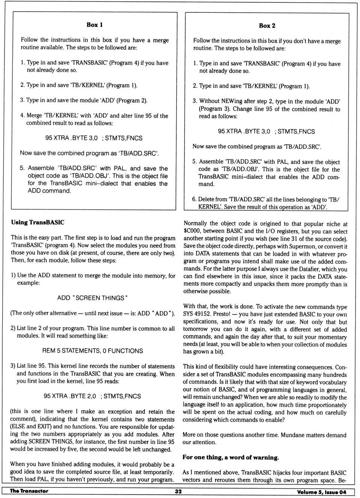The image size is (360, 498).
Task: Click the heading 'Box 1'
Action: tap(94, 25)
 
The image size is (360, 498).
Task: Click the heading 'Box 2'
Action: tap(267, 25)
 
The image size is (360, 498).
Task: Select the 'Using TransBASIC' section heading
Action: tap(37, 222)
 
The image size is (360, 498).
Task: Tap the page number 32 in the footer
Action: tap(178, 491)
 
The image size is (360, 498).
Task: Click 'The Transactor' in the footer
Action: tap(29, 491)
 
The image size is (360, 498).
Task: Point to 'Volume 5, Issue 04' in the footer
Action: tap(321, 492)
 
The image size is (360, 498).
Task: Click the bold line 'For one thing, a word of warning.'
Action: tap(231, 457)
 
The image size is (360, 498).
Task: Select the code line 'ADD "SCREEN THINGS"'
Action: tap(92, 298)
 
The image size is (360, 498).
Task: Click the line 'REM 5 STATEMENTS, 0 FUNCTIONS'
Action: tap(92, 351)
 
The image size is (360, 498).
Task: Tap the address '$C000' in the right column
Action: tap(192, 231)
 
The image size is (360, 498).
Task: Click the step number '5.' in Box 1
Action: tap(22, 168)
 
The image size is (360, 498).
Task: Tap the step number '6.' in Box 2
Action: tap(194, 199)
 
